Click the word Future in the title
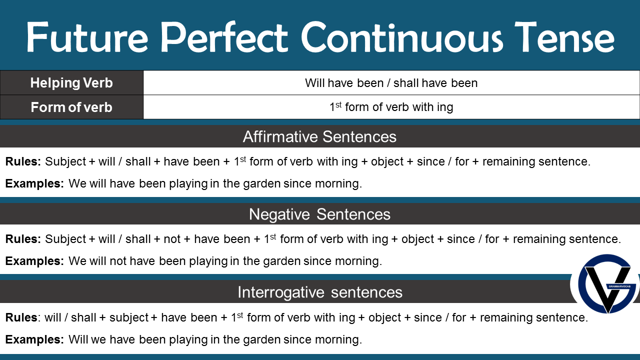tap(87, 37)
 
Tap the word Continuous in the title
tap(402, 37)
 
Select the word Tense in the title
tap(564, 37)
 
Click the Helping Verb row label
tap(71, 83)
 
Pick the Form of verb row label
tap(71, 107)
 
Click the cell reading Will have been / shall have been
tap(391, 83)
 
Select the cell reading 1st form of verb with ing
tap(391, 107)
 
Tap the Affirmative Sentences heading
tap(319, 136)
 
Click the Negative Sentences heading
tap(319, 214)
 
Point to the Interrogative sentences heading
tap(320, 292)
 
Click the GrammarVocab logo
tap(606, 283)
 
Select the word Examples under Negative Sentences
tap(34, 261)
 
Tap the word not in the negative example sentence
tap(118, 261)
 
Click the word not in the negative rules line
tap(172, 239)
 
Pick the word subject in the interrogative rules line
tap(129, 317)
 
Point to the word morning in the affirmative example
tap(338, 183)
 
